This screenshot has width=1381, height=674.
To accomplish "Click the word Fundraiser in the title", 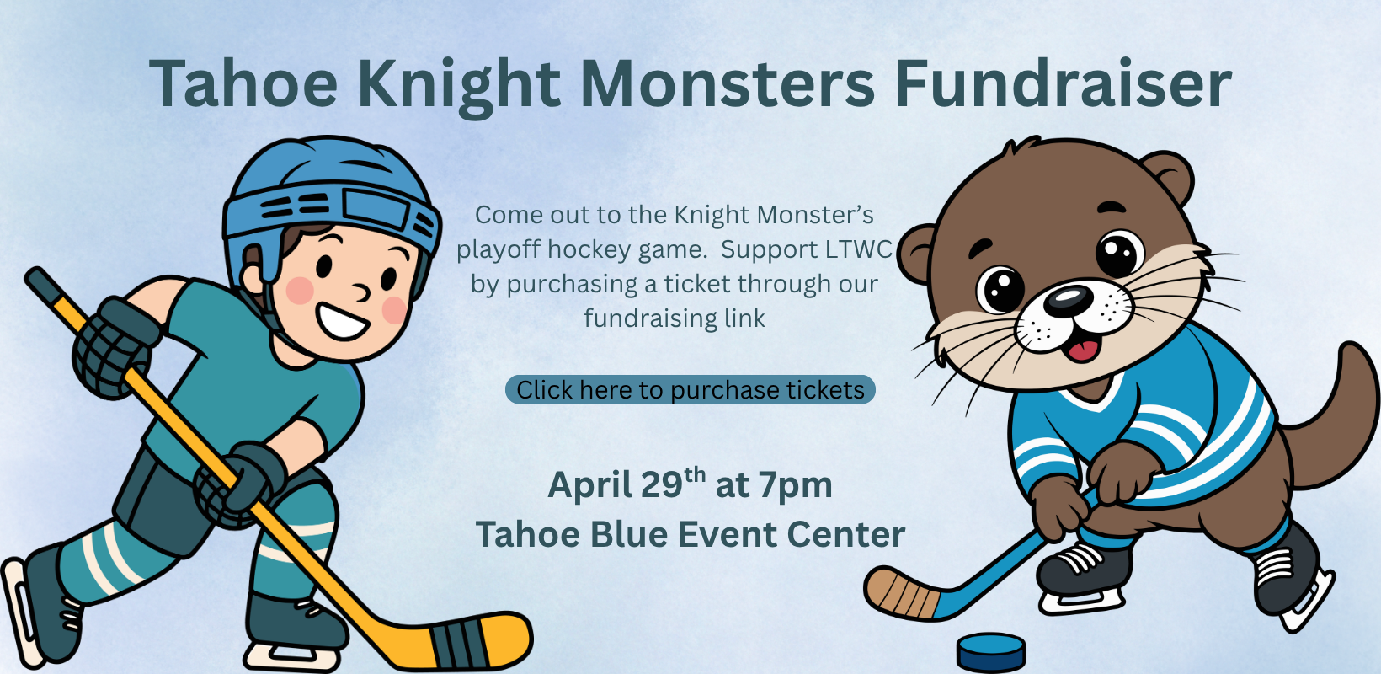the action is coord(1063,83).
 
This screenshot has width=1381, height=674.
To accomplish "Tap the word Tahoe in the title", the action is coord(243,83).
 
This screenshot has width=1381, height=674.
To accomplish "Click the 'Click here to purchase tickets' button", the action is coord(690,390).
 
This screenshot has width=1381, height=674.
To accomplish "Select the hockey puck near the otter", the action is coord(991,652).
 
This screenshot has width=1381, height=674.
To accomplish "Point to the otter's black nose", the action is coord(1068,301).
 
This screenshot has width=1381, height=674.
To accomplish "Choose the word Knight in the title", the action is coord(459,86).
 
